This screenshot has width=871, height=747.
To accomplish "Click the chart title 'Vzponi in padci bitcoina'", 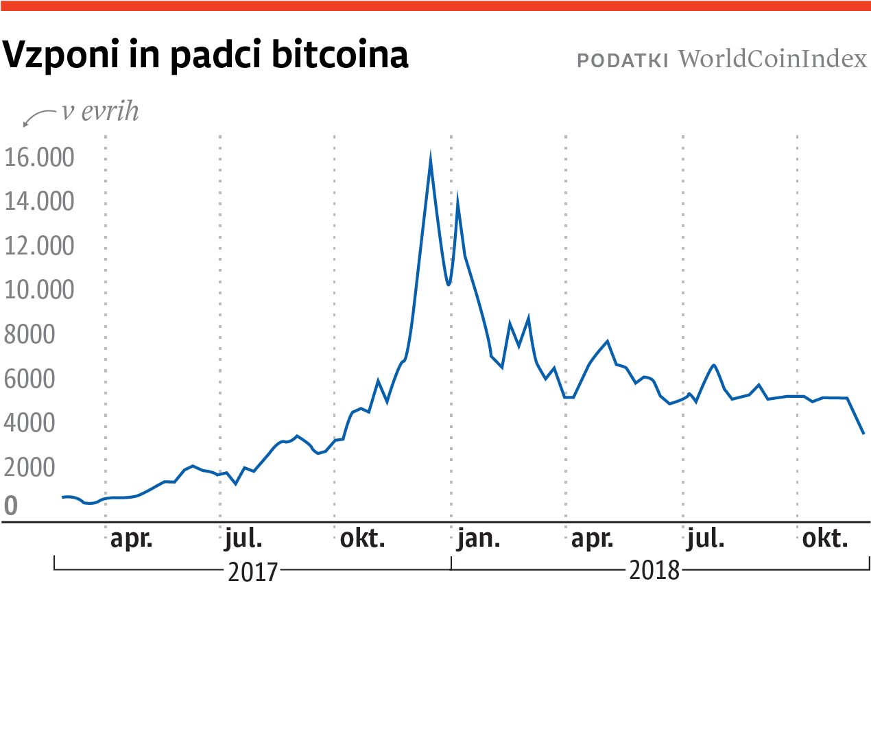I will click(206, 55).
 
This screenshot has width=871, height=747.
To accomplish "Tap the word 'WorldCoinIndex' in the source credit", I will click(773, 59).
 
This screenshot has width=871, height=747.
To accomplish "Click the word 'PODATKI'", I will click(622, 61).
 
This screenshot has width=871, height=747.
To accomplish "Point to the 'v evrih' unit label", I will click(100, 111).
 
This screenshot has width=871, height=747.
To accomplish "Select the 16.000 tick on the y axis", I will click(39, 158).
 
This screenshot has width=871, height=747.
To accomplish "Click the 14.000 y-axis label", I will click(39, 202).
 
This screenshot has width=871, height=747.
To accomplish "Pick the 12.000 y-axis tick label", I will click(39, 246).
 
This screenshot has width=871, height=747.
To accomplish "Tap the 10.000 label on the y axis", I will click(39, 289).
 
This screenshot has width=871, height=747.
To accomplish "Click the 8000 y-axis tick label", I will click(29, 335).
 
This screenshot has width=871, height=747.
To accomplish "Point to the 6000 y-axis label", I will click(29, 379).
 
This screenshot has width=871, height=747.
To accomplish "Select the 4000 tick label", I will click(29, 423).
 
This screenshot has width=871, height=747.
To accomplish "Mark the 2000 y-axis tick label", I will click(29, 467).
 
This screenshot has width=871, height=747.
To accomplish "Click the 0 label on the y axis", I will click(11, 506).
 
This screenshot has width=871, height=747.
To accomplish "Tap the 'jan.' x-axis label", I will click(479, 538).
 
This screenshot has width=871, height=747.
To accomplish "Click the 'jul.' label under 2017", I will click(243, 538).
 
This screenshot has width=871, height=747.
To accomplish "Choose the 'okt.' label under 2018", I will click(825, 538).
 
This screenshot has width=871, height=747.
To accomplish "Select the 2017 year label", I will click(253, 571).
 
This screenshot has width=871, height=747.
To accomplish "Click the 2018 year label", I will click(654, 570).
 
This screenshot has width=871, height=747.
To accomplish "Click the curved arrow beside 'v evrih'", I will click(38, 117).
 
